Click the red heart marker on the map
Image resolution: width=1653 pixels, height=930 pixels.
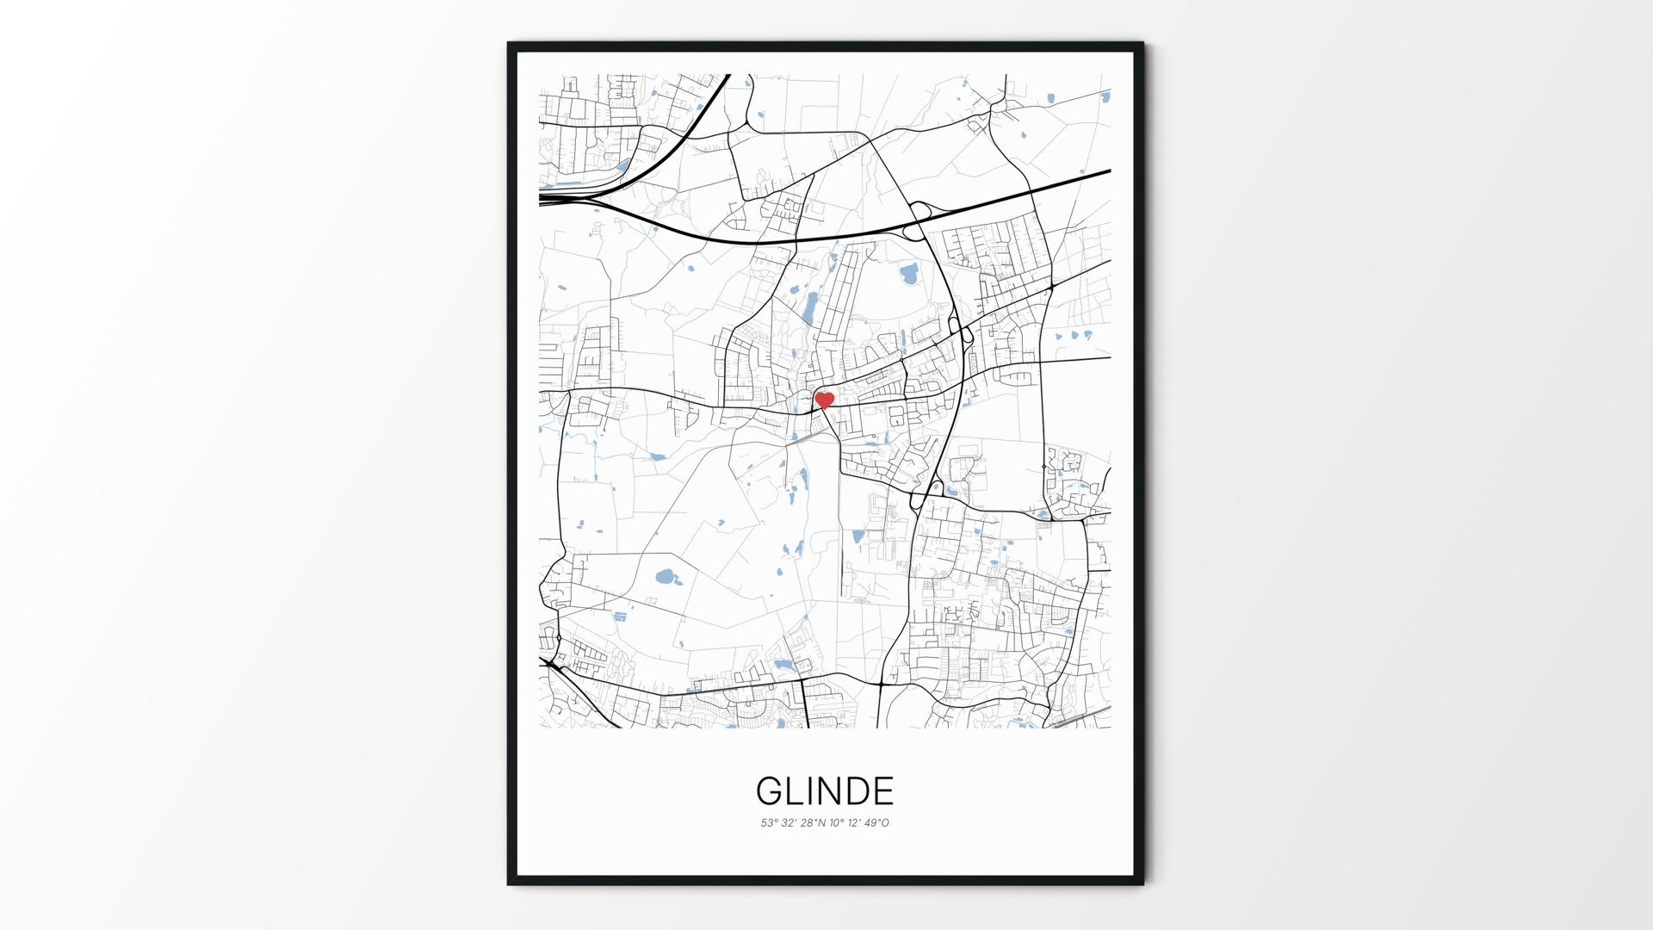[825, 400]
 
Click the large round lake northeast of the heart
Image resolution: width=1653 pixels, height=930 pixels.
[909, 276]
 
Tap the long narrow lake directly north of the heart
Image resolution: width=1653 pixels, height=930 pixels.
[810, 305]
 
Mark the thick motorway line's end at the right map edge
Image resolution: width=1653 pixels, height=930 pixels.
[1108, 170]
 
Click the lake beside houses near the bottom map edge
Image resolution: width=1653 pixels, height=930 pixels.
[783, 665]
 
